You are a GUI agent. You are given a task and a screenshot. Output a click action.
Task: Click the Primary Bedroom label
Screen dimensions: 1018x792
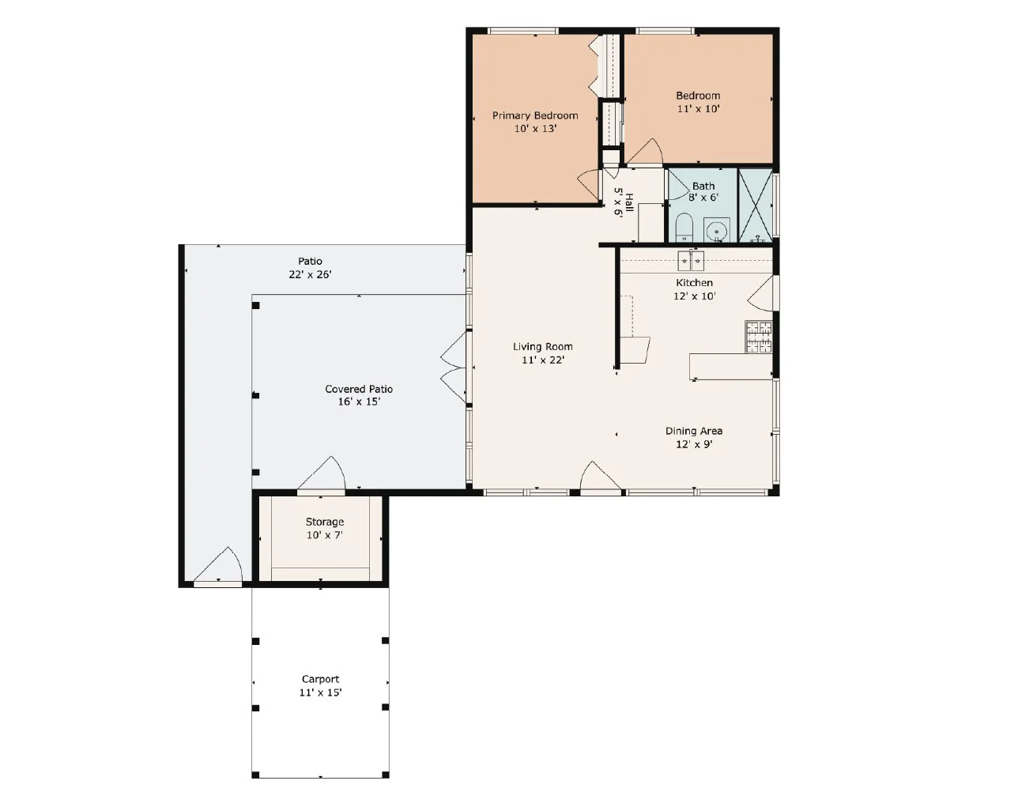coord(534,115)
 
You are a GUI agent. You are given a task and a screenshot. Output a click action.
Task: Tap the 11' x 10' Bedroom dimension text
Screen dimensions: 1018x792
coord(698,108)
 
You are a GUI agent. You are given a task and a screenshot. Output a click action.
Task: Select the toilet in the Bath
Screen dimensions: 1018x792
coord(684,227)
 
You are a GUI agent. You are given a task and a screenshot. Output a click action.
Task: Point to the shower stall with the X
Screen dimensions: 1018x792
coord(755,206)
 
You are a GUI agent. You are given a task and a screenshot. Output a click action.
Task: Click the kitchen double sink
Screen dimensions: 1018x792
coord(691,261)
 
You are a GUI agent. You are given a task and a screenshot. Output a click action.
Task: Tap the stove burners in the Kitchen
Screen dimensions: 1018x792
coord(759,337)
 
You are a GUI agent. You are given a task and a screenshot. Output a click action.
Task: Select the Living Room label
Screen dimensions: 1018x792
coord(542,346)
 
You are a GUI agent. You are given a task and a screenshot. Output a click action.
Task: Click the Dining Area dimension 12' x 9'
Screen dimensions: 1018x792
coord(694,444)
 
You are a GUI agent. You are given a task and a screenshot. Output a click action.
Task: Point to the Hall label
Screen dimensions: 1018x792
coord(628,202)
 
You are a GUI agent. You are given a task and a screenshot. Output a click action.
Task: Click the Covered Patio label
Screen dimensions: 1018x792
coord(359,389)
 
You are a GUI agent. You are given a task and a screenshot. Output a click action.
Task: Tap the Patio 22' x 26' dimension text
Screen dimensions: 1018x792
coord(310,274)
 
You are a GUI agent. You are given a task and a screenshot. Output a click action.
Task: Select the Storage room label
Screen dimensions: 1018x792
coord(325,522)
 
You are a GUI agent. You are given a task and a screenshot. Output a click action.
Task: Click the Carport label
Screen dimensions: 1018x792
coord(320,679)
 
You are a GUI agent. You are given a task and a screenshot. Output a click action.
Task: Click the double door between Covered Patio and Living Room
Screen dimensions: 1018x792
coord(454,368)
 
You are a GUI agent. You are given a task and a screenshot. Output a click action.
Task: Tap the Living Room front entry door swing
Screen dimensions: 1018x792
coord(600,476)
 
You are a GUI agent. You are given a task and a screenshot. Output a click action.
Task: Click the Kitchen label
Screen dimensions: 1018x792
coord(694,283)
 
